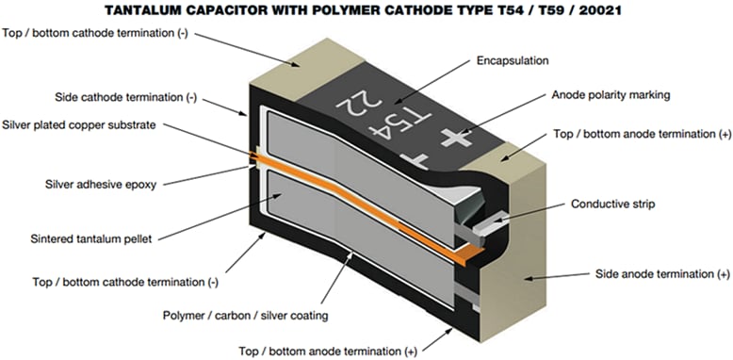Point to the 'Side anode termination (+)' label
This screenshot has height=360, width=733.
662,273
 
